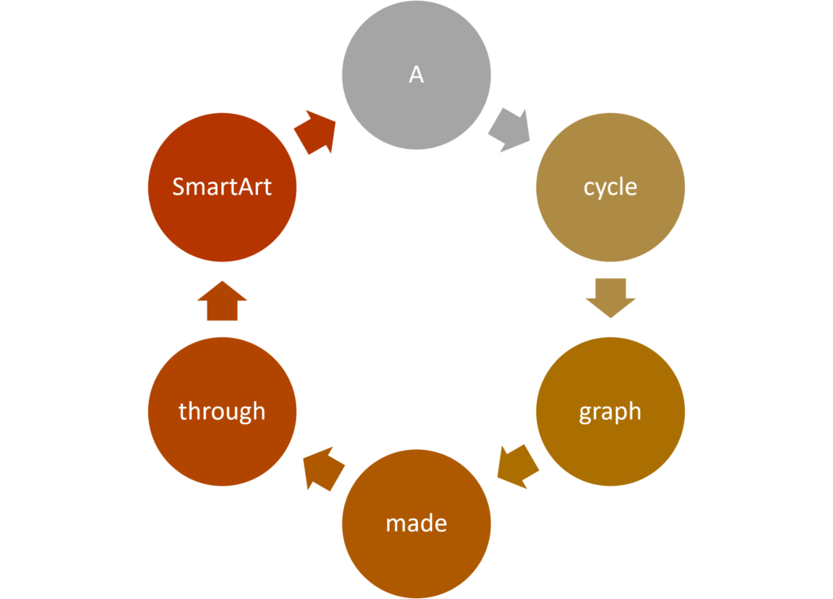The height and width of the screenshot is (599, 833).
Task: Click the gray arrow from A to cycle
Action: pyautogui.click(x=509, y=130)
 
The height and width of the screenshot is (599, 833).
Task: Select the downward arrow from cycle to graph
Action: pyautogui.click(x=610, y=298)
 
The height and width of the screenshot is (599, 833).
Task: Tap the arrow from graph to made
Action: pyautogui.click(x=518, y=466)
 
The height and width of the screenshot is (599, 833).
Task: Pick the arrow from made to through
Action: pyautogui.click(x=324, y=468)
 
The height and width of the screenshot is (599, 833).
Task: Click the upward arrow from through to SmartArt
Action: pyautogui.click(x=222, y=301)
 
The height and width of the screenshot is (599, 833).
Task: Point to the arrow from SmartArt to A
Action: pyautogui.click(x=315, y=133)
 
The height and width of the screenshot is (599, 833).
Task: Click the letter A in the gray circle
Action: pyautogui.click(x=416, y=74)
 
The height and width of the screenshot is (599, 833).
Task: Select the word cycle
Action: pyautogui.click(x=610, y=188)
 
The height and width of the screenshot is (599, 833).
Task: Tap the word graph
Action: pyautogui.click(x=610, y=413)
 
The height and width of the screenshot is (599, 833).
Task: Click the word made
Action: pyautogui.click(x=416, y=523)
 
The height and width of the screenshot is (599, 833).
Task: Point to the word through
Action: pyautogui.click(x=222, y=412)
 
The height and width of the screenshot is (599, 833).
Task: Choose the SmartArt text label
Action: pyautogui.click(x=222, y=186)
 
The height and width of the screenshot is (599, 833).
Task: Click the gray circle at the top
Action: pyautogui.click(x=416, y=75)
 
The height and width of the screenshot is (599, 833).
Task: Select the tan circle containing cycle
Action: pyautogui.click(x=610, y=187)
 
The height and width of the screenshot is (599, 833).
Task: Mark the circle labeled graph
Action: pyautogui.click(x=610, y=411)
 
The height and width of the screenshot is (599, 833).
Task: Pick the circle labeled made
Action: pyautogui.click(x=416, y=524)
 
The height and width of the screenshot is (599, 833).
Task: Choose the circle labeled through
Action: pyautogui.click(x=222, y=411)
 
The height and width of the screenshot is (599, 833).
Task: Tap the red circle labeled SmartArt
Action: pyautogui.click(x=222, y=187)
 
